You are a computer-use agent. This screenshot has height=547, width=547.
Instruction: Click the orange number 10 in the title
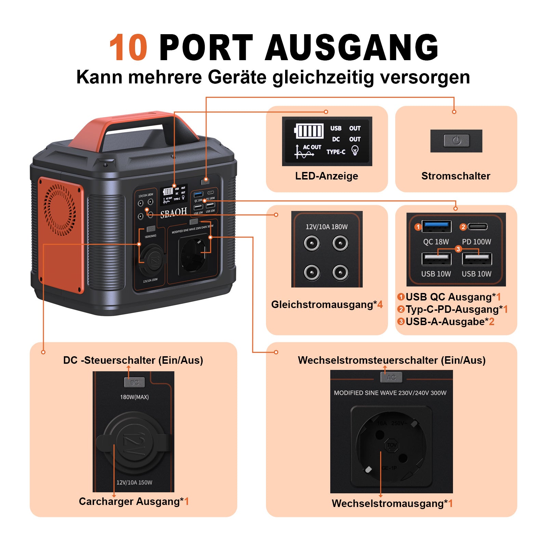[128, 48]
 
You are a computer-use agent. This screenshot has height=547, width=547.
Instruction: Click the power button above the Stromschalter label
[456, 141]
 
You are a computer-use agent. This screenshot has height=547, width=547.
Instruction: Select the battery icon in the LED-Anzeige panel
[309, 131]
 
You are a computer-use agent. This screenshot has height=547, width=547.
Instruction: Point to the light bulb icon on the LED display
[355, 150]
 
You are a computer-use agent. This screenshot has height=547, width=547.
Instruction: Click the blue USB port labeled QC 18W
[436, 226]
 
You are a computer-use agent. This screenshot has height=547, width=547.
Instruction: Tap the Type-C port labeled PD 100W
[477, 226]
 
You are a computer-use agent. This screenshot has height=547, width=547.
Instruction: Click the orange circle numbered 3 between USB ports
[458, 249]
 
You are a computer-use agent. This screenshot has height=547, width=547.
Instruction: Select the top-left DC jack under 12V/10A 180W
[312, 243]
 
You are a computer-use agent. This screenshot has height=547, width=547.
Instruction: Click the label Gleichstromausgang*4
[326, 304]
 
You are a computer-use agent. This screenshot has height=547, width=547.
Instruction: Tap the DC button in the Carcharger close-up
[134, 382]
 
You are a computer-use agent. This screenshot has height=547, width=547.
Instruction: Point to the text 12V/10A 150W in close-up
[134, 482]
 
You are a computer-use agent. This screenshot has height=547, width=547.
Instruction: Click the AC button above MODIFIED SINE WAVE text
[391, 377]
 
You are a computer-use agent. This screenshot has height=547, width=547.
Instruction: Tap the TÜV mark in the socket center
[391, 445]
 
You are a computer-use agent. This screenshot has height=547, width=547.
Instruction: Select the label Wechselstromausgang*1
[392, 504]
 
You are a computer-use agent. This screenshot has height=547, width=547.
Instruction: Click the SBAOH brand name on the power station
[174, 213]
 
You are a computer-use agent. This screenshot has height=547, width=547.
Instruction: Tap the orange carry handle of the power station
[137, 123]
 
